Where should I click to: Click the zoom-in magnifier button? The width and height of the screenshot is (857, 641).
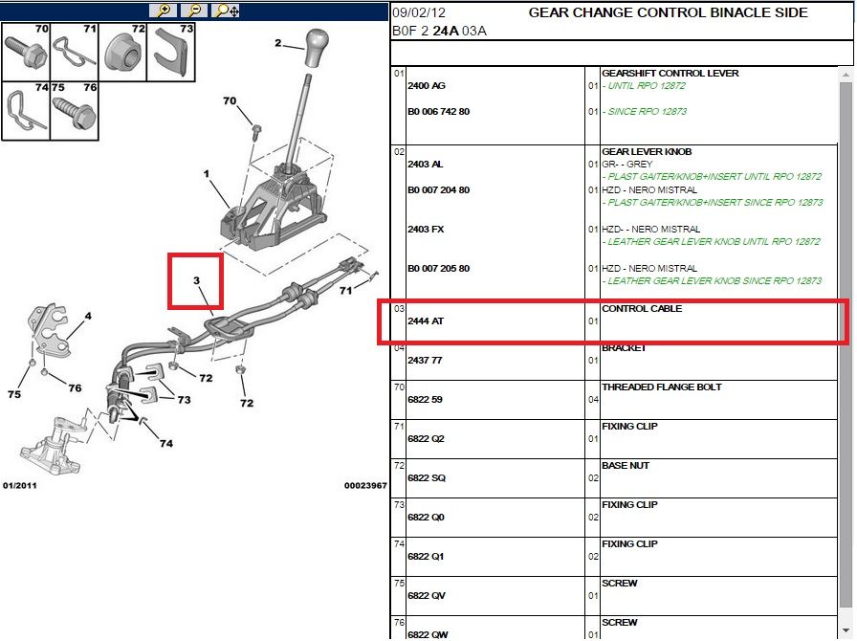pyautogui.click(x=164, y=11)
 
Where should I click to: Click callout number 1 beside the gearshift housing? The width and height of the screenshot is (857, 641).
pyautogui.click(x=206, y=173)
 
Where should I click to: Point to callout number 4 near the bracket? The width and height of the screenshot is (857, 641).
pyautogui.click(x=88, y=315)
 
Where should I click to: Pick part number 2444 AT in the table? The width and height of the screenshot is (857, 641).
pyautogui.click(x=427, y=321)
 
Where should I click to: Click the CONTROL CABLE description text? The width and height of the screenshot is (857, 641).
pyautogui.click(x=641, y=309)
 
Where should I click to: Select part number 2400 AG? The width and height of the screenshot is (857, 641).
pyautogui.click(x=427, y=86)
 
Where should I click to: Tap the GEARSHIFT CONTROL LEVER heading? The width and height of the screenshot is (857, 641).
pyautogui.click(x=670, y=74)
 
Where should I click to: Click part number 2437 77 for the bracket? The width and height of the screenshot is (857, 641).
pyautogui.click(x=425, y=361)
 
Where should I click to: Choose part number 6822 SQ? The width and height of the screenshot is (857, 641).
pyautogui.click(x=427, y=478)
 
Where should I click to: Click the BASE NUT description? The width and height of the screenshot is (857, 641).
pyautogui.click(x=626, y=466)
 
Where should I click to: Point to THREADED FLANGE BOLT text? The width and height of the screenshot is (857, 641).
pyautogui.click(x=661, y=387)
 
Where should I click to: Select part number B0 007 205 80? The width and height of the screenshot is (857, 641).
pyautogui.click(x=438, y=269)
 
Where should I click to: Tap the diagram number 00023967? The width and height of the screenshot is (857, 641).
pyautogui.click(x=365, y=486)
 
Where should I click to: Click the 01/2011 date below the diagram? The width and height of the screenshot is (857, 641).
pyautogui.click(x=19, y=486)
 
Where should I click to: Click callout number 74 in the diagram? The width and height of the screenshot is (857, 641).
pyautogui.click(x=165, y=444)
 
